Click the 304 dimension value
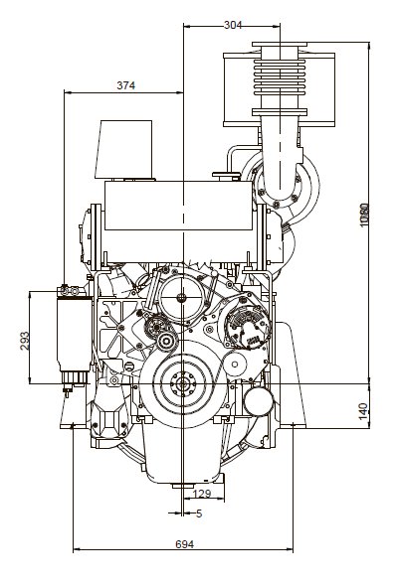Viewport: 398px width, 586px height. tap(233, 25)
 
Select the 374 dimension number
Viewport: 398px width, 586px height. tap(125, 85)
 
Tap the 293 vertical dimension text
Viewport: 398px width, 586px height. tap(25, 341)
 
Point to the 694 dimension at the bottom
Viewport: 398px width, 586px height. tap(185, 544)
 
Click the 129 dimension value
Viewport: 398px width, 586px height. tap(202, 494)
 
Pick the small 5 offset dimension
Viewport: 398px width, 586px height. tap(199, 513)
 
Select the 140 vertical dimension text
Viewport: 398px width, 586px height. tap(363, 411)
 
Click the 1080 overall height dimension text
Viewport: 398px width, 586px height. tap(363, 215)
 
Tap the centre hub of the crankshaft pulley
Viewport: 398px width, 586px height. tap(183, 383)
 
